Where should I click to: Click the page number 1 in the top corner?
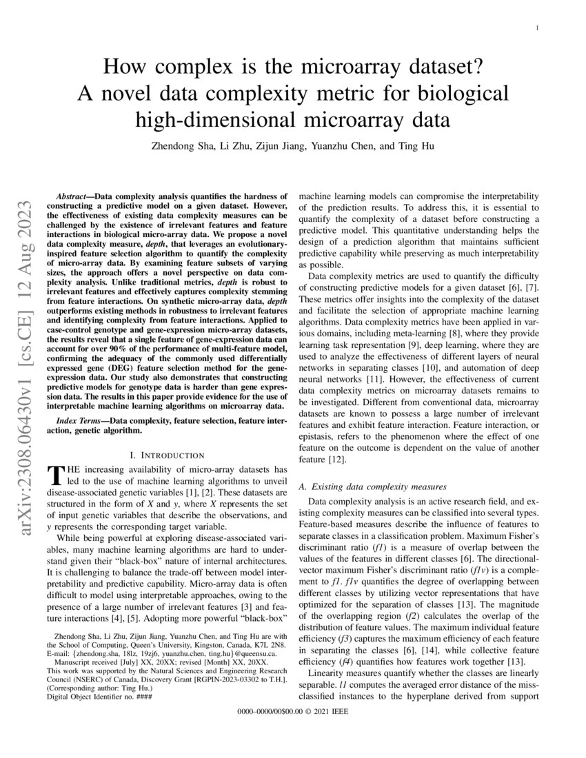pos(536,28)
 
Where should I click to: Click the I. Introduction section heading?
pos(167,455)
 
